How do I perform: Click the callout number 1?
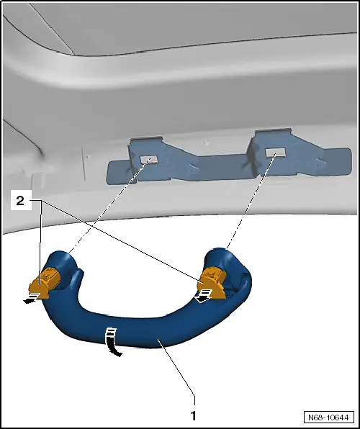tap(193, 415)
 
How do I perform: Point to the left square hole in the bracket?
tap(149, 158)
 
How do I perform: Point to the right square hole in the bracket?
tap(273, 153)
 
